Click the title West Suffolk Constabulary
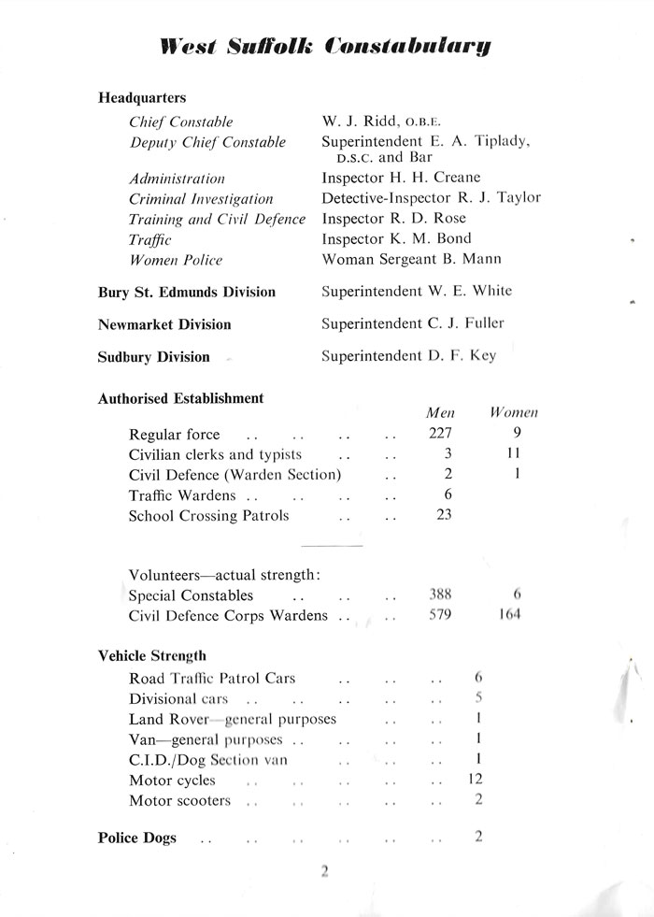pyautogui.click(x=326, y=46)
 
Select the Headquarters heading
pyautogui.click(x=142, y=97)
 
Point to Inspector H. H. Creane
pyautogui.click(x=402, y=178)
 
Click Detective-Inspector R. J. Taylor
pyautogui.click(x=431, y=198)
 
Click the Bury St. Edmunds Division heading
pyautogui.click(x=187, y=292)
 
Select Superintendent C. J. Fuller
pyautogui.click(x=412, y=323)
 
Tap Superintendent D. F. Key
pyautogui.click(x=408, y=355)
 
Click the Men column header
pyautogui.click(x=440, y=412)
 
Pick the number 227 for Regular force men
pyautogui.click(x=440, y=434)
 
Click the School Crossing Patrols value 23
pyautogui.click(x=444, y=515)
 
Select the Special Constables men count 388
pyautogui.click(x=440, y=595)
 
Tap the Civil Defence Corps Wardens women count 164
pyautogui.click(x=512, y=616)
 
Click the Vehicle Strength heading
pyautogui.click(x=152, y=656)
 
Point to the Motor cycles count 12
pyautogui.click(x=475, y=780)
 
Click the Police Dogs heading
pyautogui.click(x=137, y=838)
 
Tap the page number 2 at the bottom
pyautogui.click(x=325, y=872)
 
